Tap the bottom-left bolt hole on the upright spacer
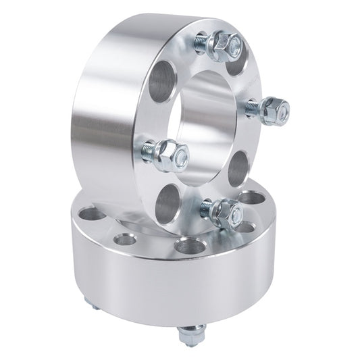point(170,201)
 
